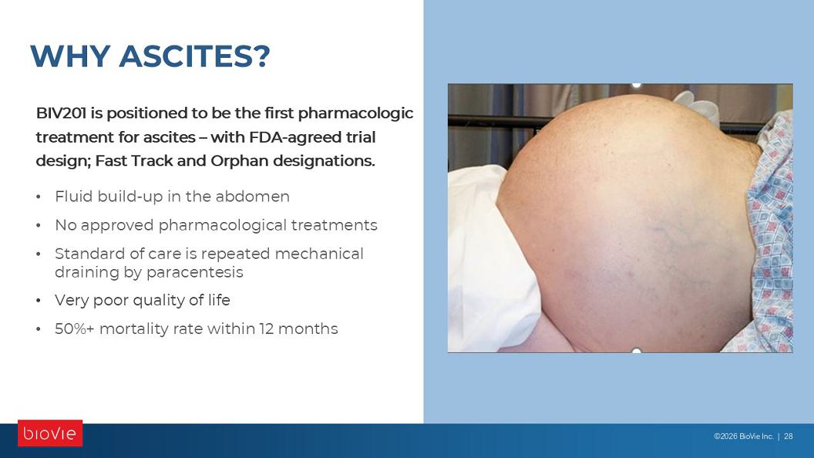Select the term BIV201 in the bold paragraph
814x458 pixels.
click(61, 113)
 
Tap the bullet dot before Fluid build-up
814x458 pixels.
click(39, 197)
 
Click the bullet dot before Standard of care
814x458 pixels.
click(39, 254)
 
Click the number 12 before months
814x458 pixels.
click(266, 328)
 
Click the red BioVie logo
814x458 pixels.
click(50, 433)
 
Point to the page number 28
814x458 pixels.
click(788, 436)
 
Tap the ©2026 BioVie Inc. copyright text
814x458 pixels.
click(743, 436)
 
